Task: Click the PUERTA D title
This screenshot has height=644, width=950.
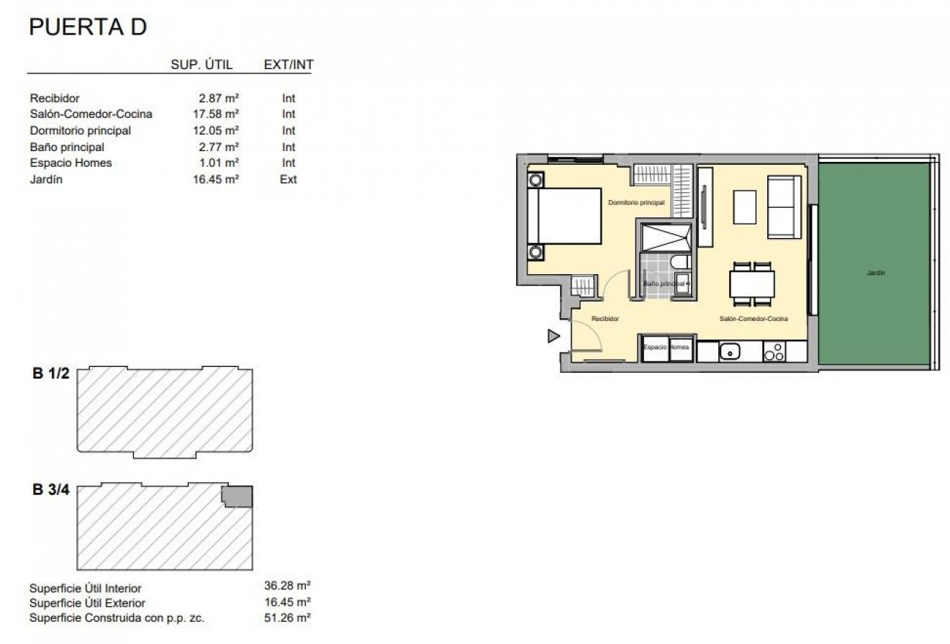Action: (x=87, y=27)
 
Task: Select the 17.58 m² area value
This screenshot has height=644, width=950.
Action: (x=219, y=114)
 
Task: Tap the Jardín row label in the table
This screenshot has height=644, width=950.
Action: (x=46, y=180)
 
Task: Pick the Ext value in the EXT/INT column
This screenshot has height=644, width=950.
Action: (x=288, y=180)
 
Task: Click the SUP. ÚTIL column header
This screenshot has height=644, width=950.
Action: (x=202, y=65)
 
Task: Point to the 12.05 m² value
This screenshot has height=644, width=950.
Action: (x=219, y=130)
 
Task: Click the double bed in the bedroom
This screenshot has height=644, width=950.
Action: (x=564, y=217)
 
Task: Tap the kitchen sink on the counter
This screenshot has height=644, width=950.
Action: (x=730, y=352)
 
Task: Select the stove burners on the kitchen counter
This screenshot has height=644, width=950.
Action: (x=774, y=352)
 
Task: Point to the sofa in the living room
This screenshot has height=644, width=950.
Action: (x=784, y=207)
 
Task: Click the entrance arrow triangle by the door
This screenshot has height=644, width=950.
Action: (x=553, y=335)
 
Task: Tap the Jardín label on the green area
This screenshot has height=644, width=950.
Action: (x=876, y=273)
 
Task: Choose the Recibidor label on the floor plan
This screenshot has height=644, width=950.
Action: (x=605, y=318)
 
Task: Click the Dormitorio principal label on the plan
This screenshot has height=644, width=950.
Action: (x=635, y=203)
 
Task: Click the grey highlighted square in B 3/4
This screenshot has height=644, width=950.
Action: (x=238, y=496)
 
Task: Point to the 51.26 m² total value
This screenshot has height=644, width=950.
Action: (x=288, y=617)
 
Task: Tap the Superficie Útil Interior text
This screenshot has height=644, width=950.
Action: (x=86, y=589)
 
